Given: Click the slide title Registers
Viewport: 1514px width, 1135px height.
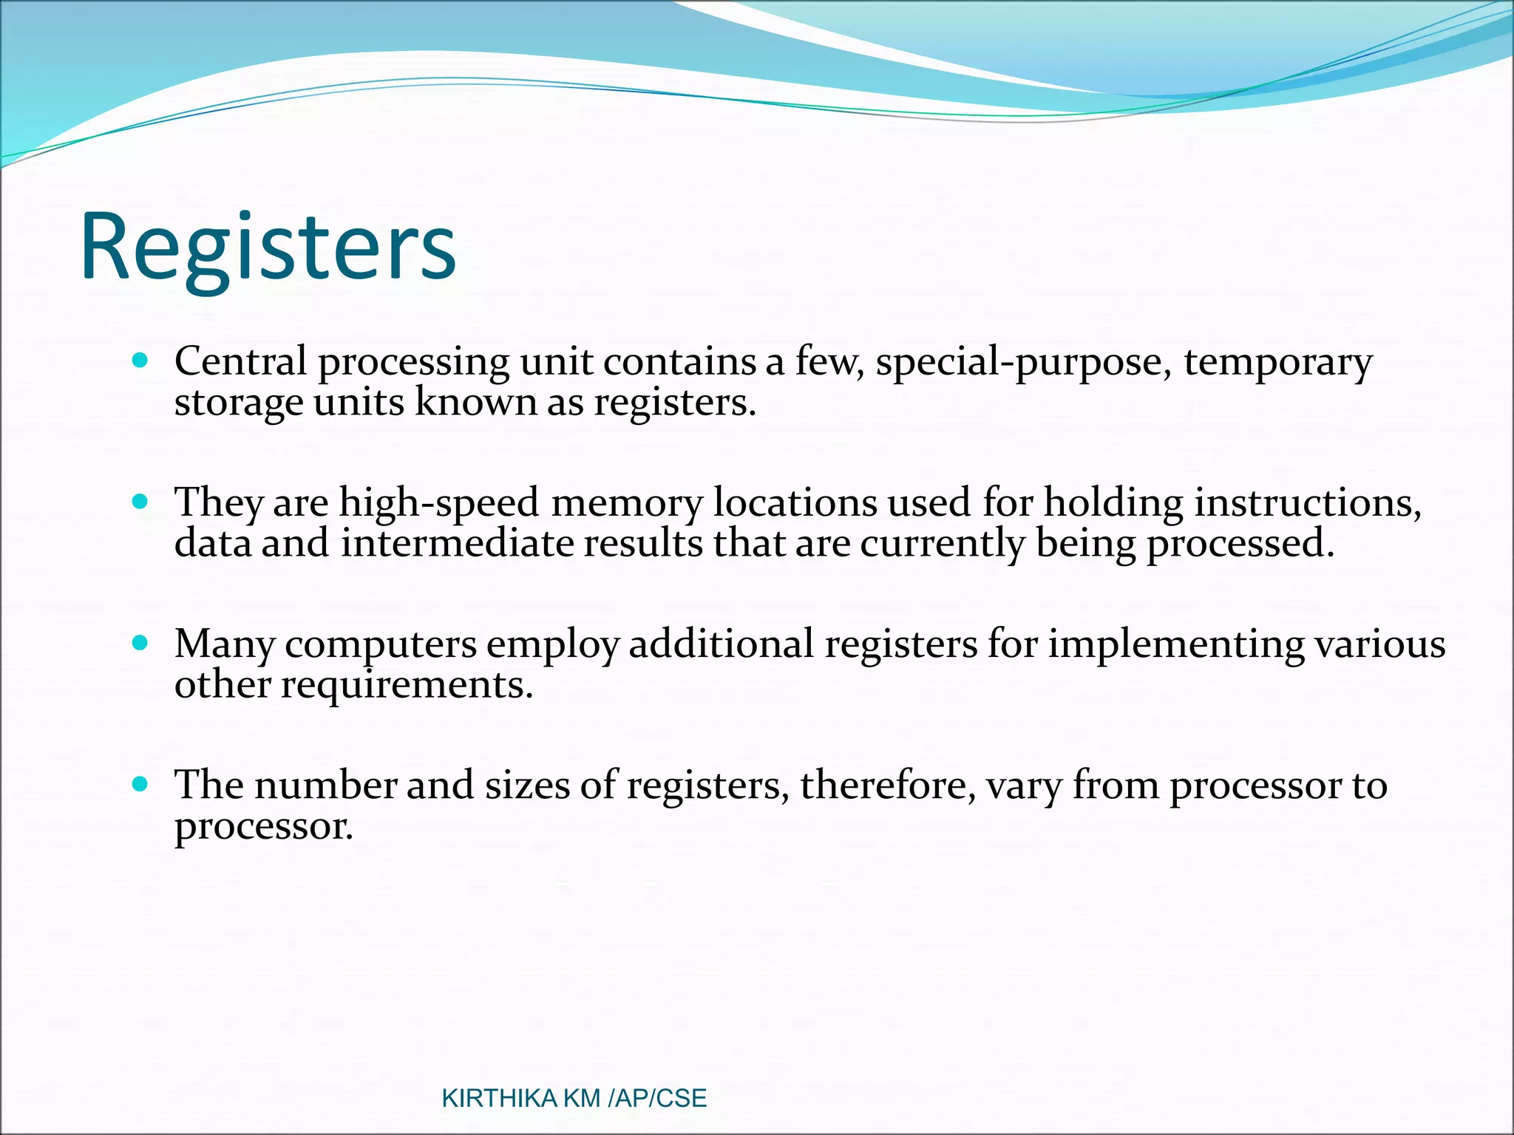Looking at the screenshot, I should [268, 248].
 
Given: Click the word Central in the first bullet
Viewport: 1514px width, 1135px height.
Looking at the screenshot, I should [240, 361].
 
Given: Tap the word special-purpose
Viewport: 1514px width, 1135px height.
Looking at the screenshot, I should [1023, 363].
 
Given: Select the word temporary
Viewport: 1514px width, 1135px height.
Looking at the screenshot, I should [1277, 363].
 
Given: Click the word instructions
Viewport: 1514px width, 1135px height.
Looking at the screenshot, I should [1307, 503].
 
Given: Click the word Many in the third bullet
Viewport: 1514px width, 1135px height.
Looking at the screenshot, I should [225, 644].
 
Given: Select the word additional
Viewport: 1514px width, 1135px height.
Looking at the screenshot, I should [721, 643].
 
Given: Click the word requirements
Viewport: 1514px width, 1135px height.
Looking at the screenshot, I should [407, 685].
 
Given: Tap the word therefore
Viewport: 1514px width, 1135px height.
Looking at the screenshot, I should [887, 785].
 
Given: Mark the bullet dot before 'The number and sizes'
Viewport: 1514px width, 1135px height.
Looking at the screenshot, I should [140, 784].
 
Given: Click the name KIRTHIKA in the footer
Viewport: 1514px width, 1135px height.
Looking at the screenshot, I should [499, 1098].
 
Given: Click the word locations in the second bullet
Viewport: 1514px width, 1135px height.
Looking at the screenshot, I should [795, 503].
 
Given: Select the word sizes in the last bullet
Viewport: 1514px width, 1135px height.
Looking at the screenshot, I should [527, 785].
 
